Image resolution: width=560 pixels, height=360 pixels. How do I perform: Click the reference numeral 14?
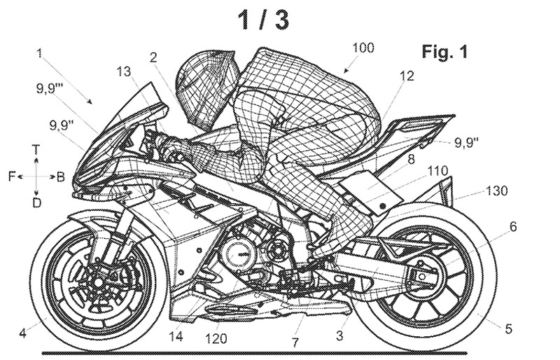click(x=176, y=336)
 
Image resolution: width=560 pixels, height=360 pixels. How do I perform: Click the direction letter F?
click(x=12, y=176)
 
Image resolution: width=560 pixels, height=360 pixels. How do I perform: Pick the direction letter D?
click(x=36, y=203)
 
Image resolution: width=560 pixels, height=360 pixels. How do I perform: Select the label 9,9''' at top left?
click(x=48, y=88)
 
